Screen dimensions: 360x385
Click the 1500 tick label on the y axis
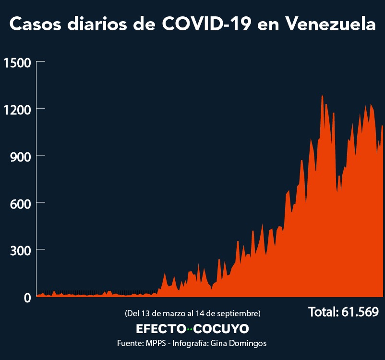[17, 62]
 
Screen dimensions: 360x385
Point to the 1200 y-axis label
[17, 109]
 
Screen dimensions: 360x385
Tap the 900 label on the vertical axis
[20, 156]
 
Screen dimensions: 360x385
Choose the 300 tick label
[20, 250]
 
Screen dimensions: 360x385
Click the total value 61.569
[360, 312]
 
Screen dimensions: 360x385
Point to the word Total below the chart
[323, 312]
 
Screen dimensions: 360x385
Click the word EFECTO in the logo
[161, 329]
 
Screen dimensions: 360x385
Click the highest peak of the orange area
[322, 96]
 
